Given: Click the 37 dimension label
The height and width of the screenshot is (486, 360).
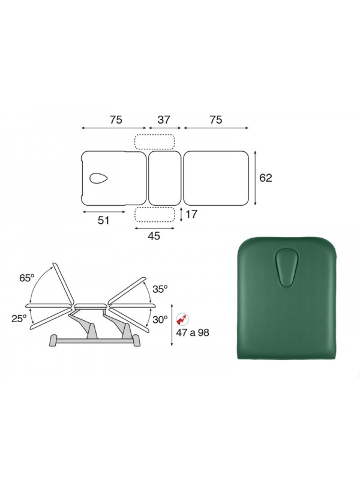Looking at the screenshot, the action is [x=164, y=119].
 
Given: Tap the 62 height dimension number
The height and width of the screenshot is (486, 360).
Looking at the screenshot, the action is [x=265, y=178].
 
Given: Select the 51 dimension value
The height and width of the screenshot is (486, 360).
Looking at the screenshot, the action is [x=104, y=220].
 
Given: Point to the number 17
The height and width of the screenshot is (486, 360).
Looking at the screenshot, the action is [x=191, y=214].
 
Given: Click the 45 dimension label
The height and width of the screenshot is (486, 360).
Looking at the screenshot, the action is [x=154, y=236].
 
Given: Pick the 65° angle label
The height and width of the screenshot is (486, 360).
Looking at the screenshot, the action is [x=26, y=278].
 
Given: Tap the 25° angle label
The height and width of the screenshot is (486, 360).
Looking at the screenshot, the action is [x=19, y=319].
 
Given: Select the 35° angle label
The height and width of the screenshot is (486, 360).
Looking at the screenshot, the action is [x=160, y=289].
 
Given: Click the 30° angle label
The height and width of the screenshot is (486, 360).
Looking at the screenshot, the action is [x=160, y=320].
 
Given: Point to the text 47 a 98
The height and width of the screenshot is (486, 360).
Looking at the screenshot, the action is [x=193, y=332].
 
